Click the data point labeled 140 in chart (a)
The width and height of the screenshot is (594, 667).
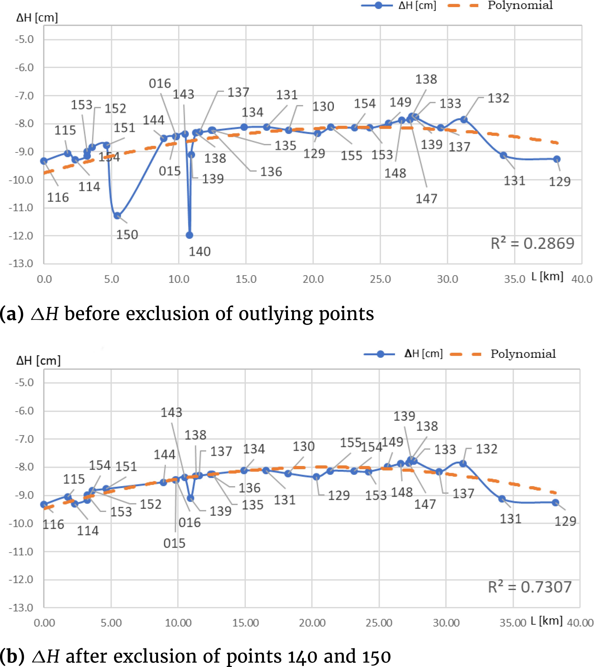click(189, 235)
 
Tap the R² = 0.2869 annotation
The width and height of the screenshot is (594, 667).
click(532, 243)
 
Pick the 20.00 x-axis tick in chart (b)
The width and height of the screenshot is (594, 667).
click(312, 623)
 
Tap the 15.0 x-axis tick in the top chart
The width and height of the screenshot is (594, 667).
click(246, 279)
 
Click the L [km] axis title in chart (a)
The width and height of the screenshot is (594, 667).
click(547, 276)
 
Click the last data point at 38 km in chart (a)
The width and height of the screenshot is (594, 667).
click(557, 159)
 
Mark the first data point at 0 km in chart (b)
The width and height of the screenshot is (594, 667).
click(44, 504)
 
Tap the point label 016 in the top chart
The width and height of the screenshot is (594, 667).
click(160, 84)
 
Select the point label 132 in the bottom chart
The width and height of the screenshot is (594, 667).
click(486, 449)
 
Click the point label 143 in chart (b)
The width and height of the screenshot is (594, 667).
click(171, 412)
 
